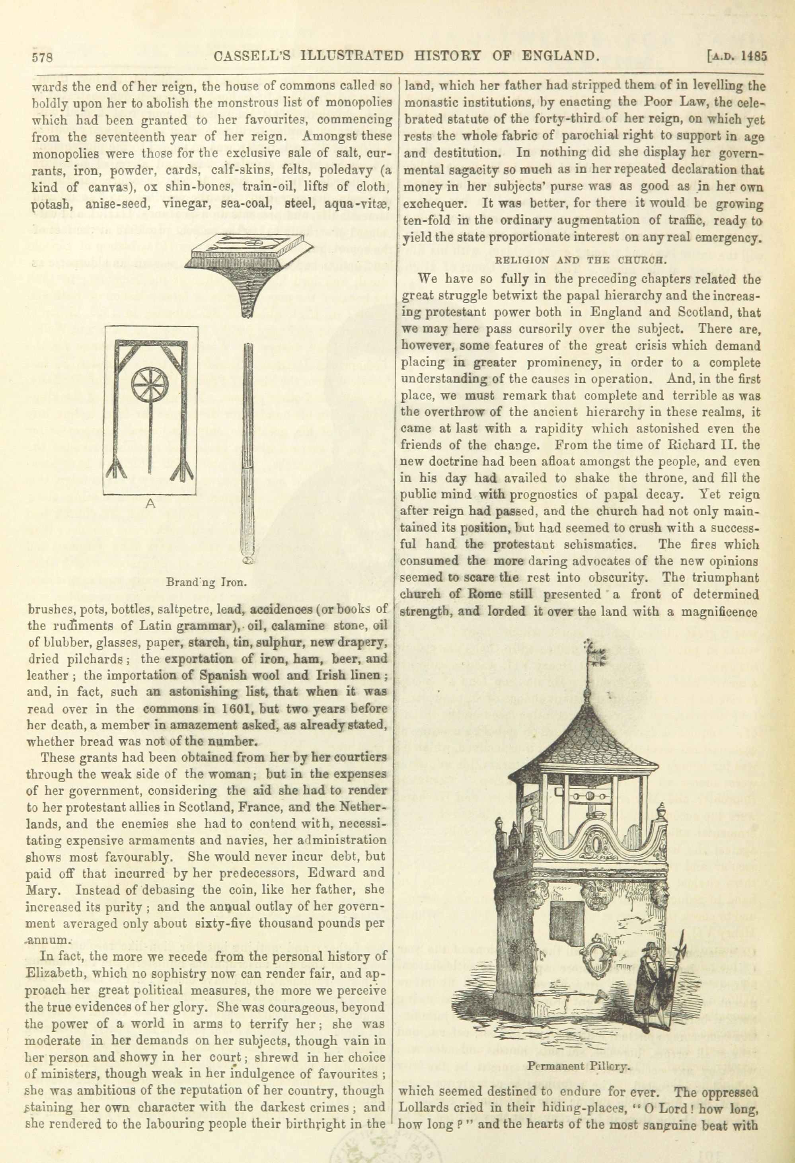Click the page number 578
click(x=43, y=56)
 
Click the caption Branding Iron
click(x=207, y=582)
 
